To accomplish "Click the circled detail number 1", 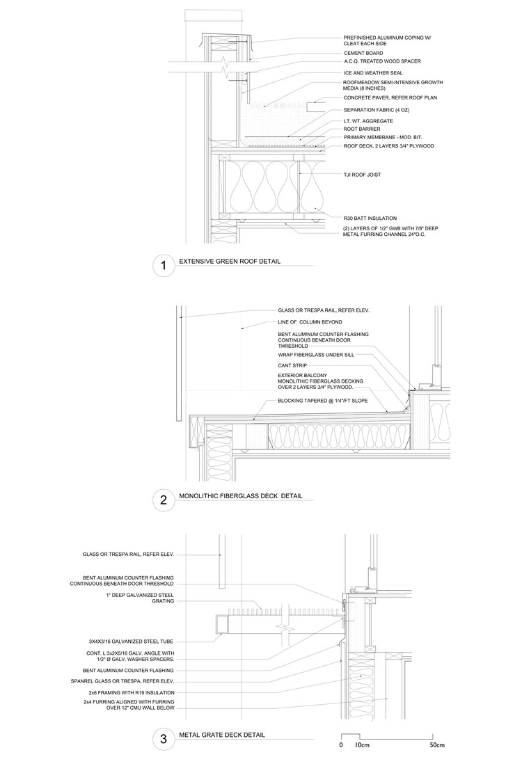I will [163, 265].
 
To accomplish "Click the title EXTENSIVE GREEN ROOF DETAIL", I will [234, 262].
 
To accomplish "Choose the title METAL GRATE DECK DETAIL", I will [222, 735].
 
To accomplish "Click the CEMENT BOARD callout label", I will [363, 53].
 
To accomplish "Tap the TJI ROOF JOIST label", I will [362, 175].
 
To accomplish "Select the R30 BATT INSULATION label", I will [370, 218].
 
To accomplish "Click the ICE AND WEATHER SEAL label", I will [372, 72].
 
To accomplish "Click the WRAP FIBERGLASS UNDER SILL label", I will [316, 354].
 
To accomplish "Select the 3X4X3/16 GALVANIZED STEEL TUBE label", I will [127, 641].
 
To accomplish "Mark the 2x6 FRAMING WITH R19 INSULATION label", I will [127, 693].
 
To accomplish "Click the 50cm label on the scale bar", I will [436, 744].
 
